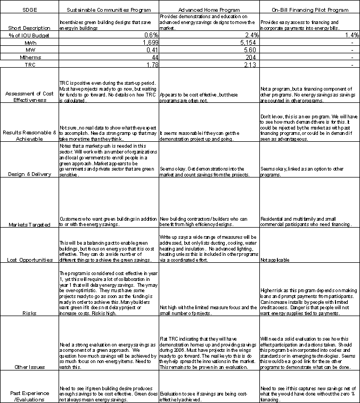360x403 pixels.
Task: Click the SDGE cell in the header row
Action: pyautogui.click(x=29, y=10)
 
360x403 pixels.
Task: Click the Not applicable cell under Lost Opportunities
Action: pyautogui.click(x=276, y=260)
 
